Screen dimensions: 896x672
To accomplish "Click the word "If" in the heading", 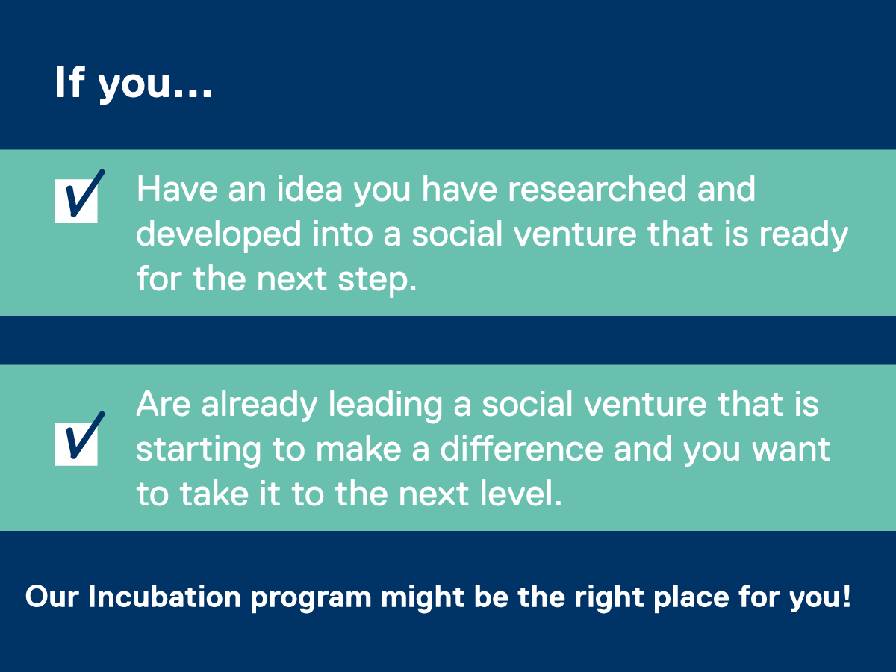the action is [x=69, y=81].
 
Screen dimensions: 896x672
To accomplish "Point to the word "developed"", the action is [x=219, y=234].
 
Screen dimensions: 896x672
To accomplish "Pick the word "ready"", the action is [x=803, y=234].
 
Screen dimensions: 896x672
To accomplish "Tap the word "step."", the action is [x=377, y=280].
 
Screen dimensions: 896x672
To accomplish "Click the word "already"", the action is [x=259, y=405].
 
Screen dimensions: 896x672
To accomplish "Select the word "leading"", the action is [x=385, y=405].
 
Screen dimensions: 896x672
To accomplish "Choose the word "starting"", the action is [x=199, y=450].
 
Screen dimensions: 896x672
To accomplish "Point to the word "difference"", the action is [x=521, y=449].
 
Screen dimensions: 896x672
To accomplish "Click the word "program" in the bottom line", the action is [x=311, y=600].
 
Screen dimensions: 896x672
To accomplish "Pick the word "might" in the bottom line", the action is [x=423, y=599].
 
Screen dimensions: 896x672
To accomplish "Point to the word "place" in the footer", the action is [x=691, y=599].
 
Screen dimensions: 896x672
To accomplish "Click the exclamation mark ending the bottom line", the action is [x=846, y=596].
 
